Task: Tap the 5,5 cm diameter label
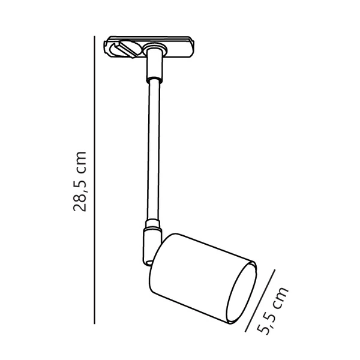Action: (273, 311)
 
